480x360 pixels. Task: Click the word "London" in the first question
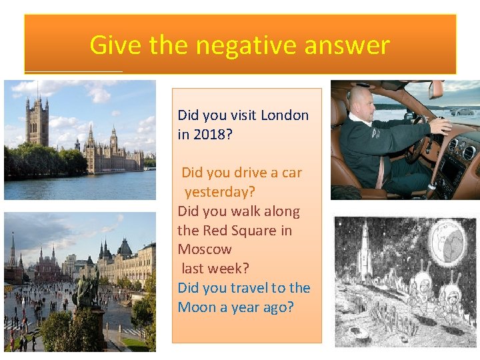(x=285, y=115)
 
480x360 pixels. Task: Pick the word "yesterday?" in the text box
(x=219, y=192)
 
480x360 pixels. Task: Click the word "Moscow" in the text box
(x=205, y=249)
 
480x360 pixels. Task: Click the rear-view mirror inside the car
(x=436, y=89)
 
